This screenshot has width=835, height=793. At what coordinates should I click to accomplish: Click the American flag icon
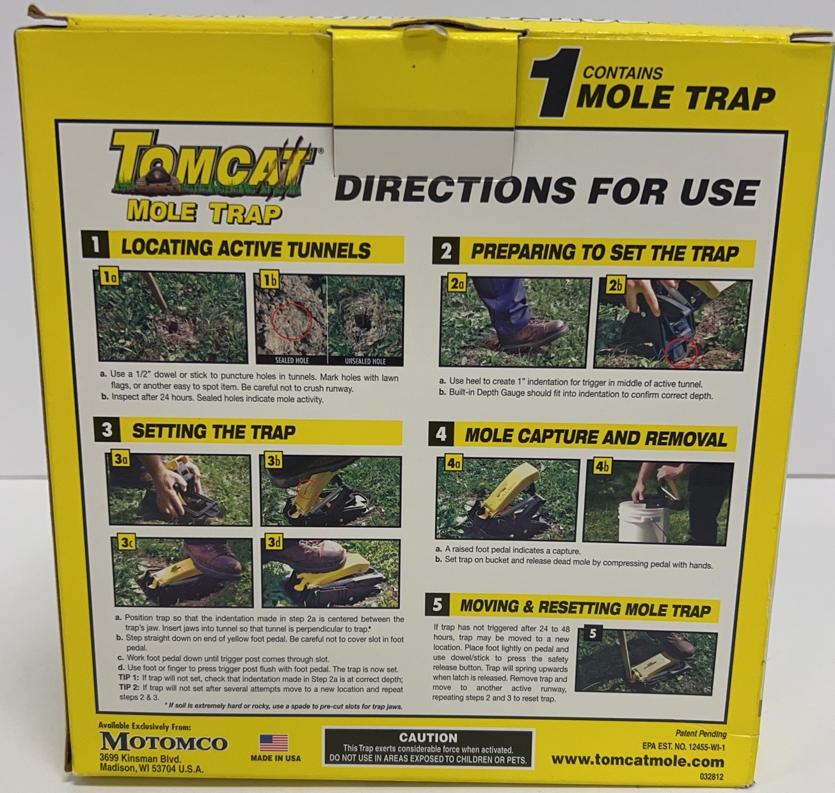[274, 743]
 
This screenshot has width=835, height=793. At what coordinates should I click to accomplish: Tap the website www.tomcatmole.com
[637, 761]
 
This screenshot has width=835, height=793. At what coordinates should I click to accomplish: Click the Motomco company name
[164, 742]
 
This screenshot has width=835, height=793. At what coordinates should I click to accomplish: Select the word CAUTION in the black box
[428, 738]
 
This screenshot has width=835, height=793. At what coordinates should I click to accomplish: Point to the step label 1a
[110, 277]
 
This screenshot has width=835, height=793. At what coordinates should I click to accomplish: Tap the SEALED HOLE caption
[292, 361]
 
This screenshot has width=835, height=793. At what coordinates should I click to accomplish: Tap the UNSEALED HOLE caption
[365, 361]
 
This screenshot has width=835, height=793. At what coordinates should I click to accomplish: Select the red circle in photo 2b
[681, 352]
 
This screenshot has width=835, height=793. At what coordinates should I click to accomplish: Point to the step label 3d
[274, 543]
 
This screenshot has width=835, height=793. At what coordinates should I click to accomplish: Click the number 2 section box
[446, 252]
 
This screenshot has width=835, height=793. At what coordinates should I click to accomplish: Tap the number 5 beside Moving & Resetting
[438, 605]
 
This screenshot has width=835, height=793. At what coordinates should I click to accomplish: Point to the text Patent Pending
[701, 733]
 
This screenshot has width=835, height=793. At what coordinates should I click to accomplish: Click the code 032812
[712, 777]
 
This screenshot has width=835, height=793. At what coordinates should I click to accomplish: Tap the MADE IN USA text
[276, 758]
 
